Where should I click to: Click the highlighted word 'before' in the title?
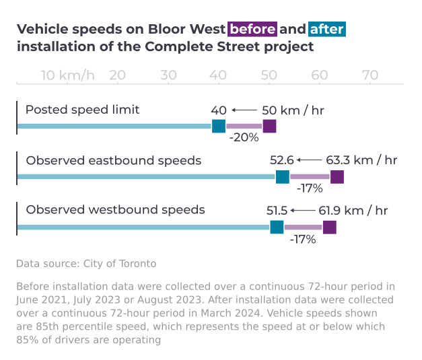pos(252,30)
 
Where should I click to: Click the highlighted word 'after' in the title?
pos(327,30)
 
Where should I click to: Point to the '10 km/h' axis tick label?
pos(68,75)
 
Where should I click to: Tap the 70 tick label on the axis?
pos(370,75)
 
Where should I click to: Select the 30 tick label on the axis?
pos(168,75)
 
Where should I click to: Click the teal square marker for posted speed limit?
pos(219,126)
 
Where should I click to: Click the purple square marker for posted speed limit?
pos(269,126)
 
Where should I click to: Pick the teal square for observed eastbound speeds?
pos(283,177)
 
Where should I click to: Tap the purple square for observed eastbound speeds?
pos(337,177)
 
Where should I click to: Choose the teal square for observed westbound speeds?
pos(277,227)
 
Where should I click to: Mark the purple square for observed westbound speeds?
pos(330,227)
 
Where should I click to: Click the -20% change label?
pos(244,138)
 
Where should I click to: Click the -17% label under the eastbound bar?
pos(310,188)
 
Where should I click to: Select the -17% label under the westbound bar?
pos(303,239)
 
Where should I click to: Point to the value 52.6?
pos(282,160)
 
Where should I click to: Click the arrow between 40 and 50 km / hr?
pos(244,110)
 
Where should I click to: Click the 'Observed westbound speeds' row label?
pos(115,210)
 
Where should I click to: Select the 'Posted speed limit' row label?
pos(82,110)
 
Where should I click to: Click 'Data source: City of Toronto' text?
pos(86,263)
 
